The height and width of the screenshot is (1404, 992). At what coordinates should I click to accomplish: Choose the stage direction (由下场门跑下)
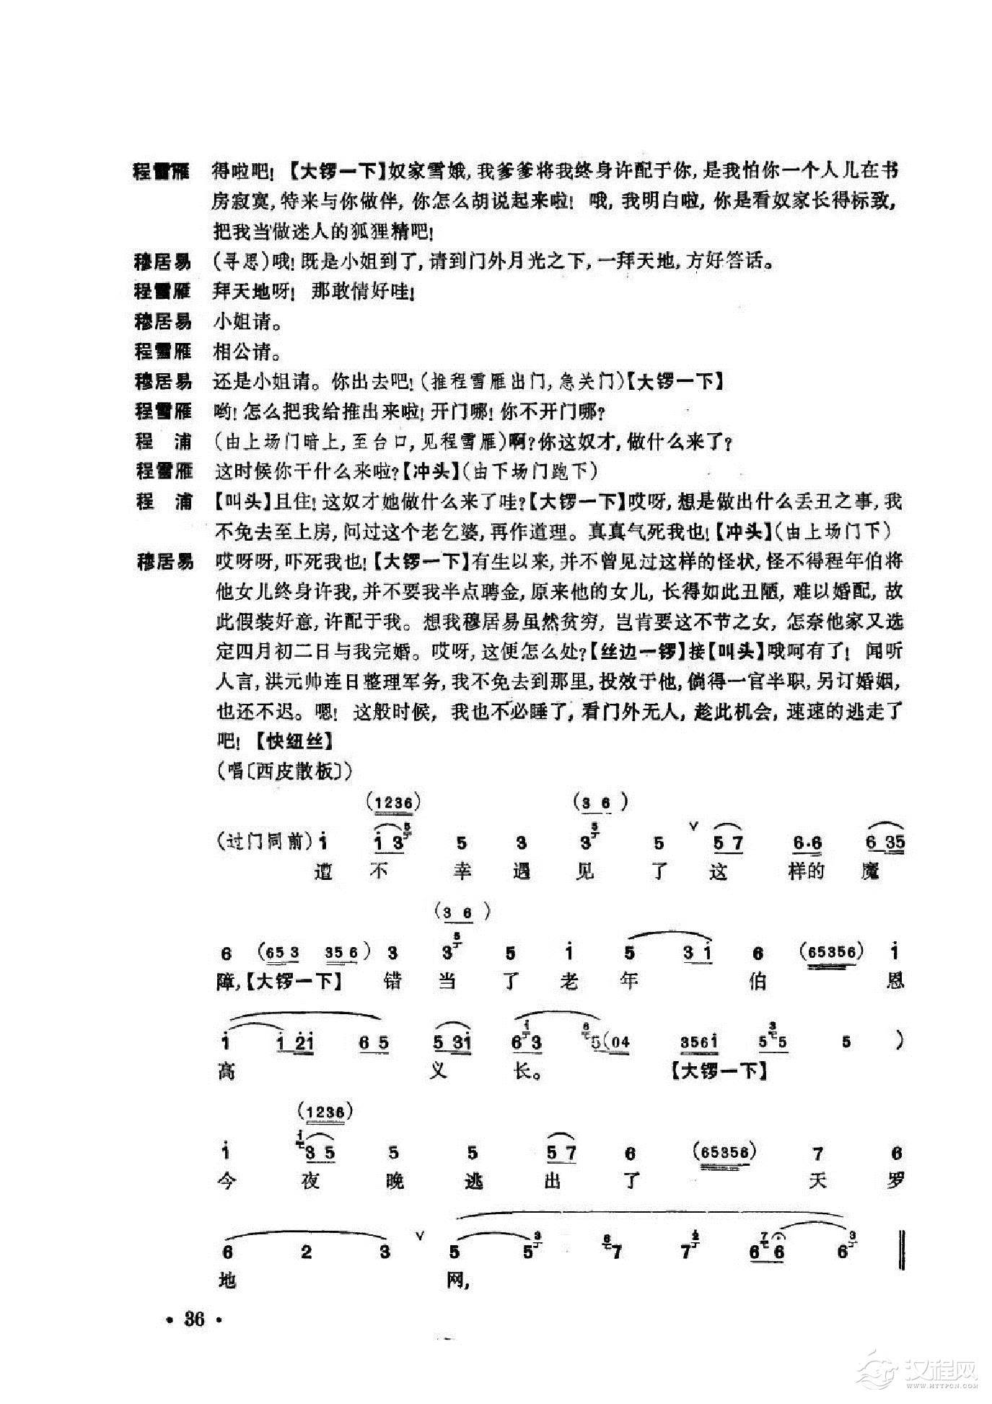(x=530, y=471)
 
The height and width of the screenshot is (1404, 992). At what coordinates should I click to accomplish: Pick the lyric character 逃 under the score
(x=474, y=1180)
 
